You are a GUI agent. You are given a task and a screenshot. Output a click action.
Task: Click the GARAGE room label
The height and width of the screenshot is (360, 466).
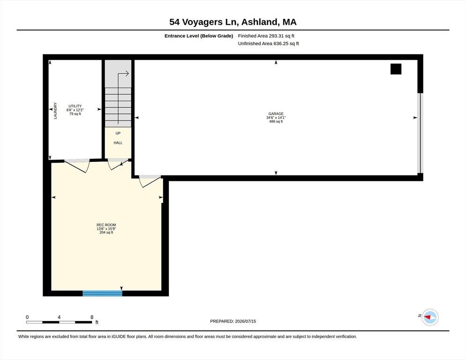click(276, 113)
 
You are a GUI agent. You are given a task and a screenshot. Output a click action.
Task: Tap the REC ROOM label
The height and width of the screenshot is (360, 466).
click(106, 225)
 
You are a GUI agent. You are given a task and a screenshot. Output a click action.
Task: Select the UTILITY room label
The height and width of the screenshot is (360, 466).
click(75, 106)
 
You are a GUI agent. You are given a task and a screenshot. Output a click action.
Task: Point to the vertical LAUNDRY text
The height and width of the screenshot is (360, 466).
click(55, 111)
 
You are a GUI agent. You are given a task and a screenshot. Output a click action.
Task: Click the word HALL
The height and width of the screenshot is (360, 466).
click(118, 142)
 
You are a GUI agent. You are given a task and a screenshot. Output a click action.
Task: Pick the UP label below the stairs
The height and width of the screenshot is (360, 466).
click(118, 133)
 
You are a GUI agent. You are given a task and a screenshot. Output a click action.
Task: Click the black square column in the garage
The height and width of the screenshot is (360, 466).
click(396, 69)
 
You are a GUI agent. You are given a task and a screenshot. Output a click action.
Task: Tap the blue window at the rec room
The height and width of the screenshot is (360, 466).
click(102, 293)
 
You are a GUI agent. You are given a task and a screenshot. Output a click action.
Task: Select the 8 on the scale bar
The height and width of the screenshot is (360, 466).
click(92, 317)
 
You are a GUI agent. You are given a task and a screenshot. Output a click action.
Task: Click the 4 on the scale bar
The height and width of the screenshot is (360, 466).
click(59, 317)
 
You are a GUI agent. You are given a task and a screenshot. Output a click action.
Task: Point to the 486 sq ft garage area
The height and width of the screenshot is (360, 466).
click(276, 121)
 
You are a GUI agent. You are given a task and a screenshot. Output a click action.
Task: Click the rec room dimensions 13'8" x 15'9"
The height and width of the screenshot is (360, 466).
click(106, 229)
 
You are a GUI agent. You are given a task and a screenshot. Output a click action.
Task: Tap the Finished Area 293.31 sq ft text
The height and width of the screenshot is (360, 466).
click(266, 36)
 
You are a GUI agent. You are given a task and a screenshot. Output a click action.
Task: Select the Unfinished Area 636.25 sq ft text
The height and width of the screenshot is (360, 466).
click(268, 44)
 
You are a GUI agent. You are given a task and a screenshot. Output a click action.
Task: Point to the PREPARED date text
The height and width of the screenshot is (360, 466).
click(233, 321)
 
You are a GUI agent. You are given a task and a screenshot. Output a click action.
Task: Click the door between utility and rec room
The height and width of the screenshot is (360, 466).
click(77, 165)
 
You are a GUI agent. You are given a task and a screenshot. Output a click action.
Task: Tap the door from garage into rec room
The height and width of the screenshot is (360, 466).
click(150, 181)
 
